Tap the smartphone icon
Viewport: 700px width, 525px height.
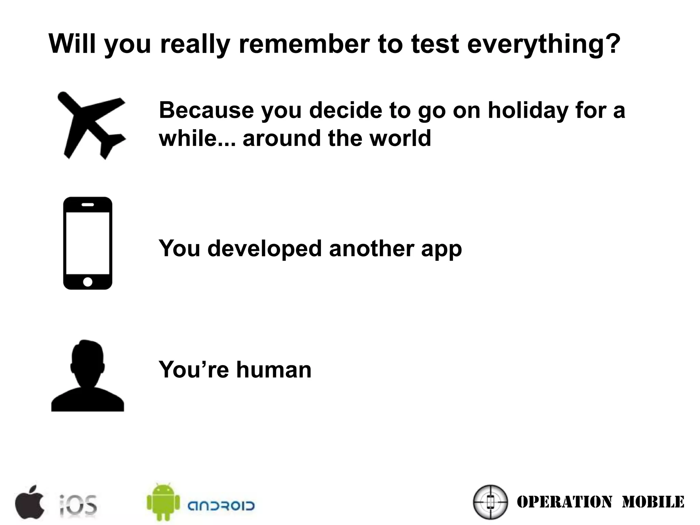point(88,243)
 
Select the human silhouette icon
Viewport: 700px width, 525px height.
point(87,376)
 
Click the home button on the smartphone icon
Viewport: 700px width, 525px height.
point(88,282)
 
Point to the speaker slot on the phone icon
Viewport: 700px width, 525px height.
point(88,204)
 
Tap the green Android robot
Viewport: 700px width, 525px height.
point(163,501)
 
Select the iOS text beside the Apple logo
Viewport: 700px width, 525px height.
point(78,504)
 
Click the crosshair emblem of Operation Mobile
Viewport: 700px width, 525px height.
point(490,502)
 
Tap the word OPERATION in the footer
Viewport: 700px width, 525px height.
point(564,502)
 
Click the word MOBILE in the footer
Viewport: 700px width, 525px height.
point(653,502)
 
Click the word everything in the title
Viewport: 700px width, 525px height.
point(543,44)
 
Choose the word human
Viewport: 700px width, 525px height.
point(274,370)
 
